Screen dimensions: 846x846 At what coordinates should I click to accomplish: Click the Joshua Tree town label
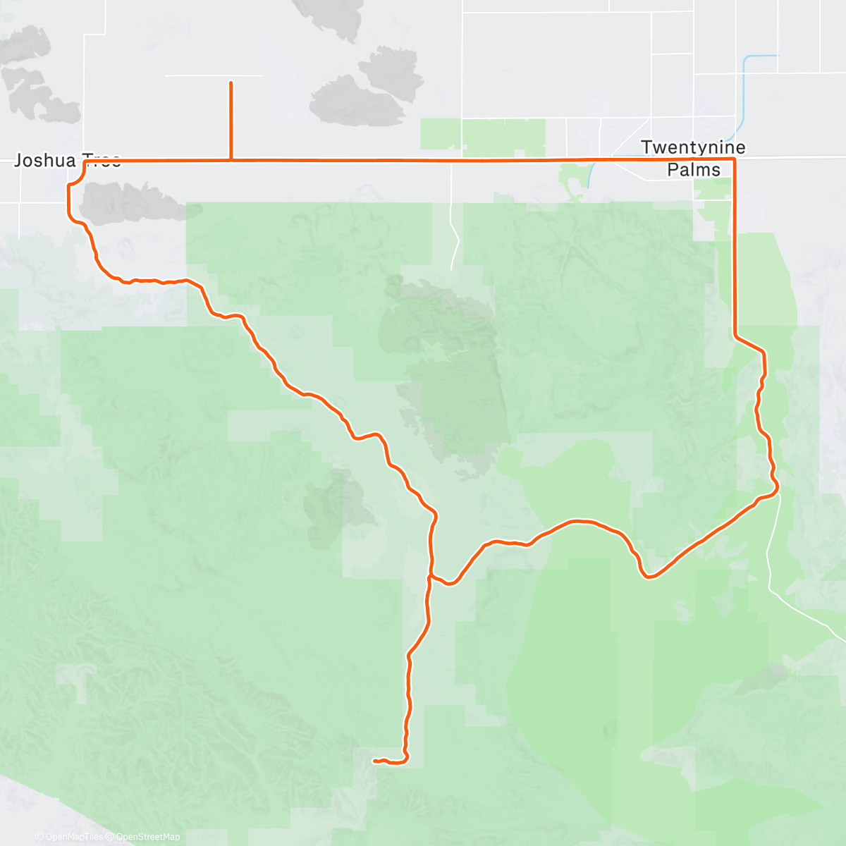[67, 160]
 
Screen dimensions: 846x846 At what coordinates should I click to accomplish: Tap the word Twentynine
[693, 147]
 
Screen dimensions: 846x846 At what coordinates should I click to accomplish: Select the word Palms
[694, 170]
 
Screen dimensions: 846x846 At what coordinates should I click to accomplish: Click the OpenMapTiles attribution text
[68, 837]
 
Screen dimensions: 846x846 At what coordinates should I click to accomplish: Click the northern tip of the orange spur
[231, 83]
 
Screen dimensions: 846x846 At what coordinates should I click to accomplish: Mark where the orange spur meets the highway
[231, 161]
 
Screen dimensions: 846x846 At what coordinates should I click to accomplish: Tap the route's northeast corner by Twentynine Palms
[735, 160]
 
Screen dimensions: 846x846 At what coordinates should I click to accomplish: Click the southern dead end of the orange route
[374, 761]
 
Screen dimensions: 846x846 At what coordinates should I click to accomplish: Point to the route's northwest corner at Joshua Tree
[85, 161]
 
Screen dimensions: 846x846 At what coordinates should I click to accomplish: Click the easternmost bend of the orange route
[778, 486]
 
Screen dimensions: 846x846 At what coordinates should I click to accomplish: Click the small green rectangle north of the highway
[483, 134]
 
